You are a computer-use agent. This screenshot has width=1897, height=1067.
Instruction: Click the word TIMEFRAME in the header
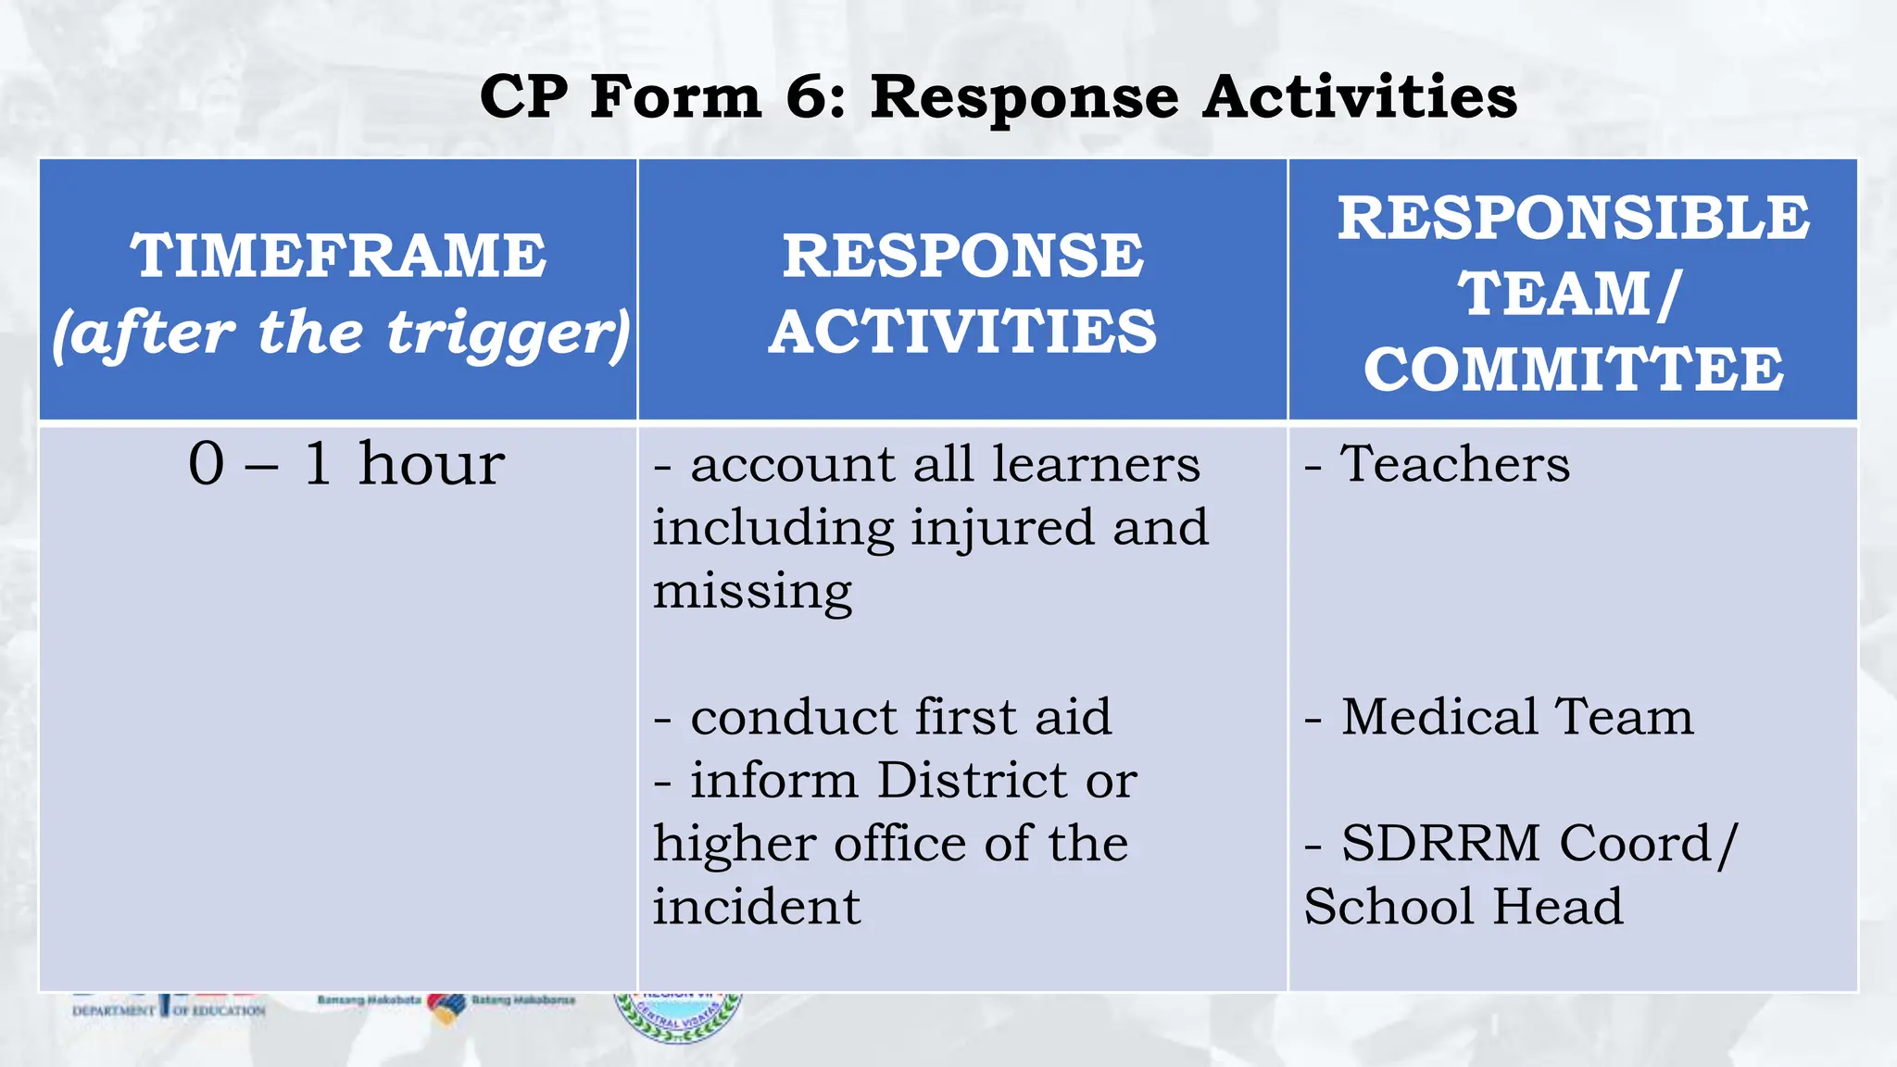coord(338,256)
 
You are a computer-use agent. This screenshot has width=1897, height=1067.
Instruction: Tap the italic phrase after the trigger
coord(341,333)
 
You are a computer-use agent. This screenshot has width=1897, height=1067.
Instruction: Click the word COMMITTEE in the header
coord(1573,369)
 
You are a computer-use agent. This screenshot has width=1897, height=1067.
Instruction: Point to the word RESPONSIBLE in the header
coord(1573,219)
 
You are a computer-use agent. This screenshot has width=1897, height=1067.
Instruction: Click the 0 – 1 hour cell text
coord(346,463)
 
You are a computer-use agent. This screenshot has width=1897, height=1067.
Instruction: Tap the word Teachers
coord(1455,463)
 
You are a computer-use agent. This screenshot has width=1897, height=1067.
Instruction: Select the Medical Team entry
coord(1517,717)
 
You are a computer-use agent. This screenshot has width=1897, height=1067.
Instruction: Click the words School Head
coord(1464,906)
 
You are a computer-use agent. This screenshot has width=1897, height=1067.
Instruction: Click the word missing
coord(752,591)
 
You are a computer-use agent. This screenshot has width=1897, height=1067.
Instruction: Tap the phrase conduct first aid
coord(900,717)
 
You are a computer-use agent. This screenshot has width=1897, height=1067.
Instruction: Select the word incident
coord(756,906)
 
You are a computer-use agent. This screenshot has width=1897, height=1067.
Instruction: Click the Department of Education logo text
coord(169,1010)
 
